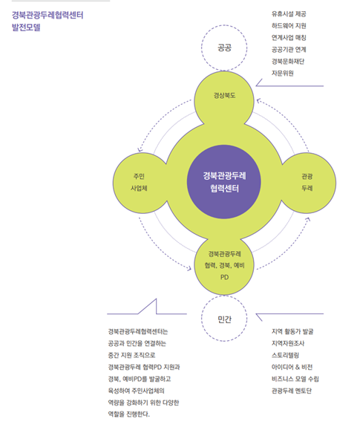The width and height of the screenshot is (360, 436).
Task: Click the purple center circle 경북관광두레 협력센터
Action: coord(224,182)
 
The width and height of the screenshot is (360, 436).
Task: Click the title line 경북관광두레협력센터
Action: coord(48,15)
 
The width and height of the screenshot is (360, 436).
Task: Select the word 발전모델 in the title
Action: coord(26,27)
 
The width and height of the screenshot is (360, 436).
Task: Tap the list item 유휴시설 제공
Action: coord(289,14)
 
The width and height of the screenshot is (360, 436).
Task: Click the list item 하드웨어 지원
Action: coord(289,26)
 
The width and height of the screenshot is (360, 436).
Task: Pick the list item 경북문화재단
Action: coord(288,62)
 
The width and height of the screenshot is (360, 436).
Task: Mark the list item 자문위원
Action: coord(283,73)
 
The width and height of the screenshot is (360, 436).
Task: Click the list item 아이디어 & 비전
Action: coord(292,367)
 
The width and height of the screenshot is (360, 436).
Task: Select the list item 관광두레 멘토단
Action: coord(292,391)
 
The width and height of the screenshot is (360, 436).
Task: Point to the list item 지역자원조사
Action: coord(288,343)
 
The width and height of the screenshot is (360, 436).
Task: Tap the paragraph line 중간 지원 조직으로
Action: coord(131,355)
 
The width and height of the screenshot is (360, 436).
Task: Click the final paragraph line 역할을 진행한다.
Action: coord(129,414)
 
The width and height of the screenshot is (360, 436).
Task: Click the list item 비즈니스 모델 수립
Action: coord(295,379)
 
